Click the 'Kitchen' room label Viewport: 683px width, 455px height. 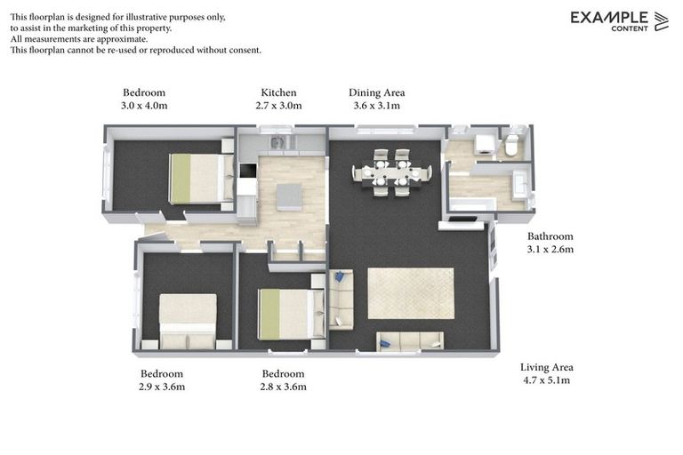click(278, 92)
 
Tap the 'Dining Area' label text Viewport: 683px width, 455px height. click(376, 92)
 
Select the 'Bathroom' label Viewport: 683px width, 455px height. click(550, 236)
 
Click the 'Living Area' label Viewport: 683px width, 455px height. click(546, 367)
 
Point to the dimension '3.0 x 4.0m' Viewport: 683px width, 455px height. click(144, 106)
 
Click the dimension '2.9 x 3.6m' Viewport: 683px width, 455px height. click(162, 387)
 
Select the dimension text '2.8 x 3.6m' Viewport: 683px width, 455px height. click(283, 387)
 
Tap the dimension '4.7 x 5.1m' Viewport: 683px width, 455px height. click(546, 380)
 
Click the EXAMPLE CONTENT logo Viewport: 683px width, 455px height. click(619, 20)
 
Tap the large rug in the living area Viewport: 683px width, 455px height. click(410, 293)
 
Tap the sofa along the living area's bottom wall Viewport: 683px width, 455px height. click(409, 340)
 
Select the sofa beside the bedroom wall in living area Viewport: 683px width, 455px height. click(341, 299)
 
